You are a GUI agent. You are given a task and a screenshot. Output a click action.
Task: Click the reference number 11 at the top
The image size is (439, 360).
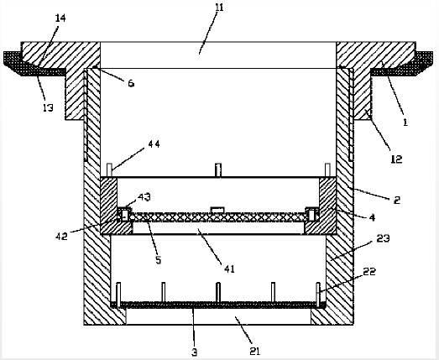(220, 8)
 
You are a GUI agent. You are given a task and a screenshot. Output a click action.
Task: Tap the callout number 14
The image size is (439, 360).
(60, 18)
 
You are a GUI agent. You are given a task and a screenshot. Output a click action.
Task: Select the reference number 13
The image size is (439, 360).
(48, 107)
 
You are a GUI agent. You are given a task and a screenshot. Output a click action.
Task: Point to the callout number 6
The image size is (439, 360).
(131, 83)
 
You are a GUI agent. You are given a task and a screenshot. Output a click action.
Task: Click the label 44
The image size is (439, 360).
(154, 144)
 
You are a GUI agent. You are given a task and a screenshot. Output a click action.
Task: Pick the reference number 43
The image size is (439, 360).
(144, 197)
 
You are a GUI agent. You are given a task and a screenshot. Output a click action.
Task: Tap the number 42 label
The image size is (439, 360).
(61, 237)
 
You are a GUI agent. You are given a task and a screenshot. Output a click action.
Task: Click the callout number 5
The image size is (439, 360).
(159, 260)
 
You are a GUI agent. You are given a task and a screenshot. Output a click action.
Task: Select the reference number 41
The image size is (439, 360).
(229, 269)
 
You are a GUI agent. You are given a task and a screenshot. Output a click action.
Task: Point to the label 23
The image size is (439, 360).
(383, 238)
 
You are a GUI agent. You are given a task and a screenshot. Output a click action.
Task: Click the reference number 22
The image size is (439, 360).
(369, 271)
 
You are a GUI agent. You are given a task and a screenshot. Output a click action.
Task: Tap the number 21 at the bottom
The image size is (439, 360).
(254, 351)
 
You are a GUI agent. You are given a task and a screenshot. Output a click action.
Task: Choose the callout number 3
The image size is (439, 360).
(195, 352)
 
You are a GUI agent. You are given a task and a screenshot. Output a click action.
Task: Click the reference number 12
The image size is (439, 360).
(396, 159)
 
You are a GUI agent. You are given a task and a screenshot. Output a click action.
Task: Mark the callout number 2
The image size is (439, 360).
(397, 200)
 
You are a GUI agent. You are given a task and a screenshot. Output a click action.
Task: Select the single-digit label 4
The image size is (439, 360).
(372, 217)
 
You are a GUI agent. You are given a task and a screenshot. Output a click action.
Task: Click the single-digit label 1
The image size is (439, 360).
(405, 123)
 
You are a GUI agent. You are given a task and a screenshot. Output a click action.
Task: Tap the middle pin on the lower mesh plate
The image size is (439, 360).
(218, 293)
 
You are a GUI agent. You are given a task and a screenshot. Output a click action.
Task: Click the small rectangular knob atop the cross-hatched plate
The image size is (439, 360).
(217, 210)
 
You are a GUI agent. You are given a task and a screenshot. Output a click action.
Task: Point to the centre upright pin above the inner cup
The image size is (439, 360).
(218, 170)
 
